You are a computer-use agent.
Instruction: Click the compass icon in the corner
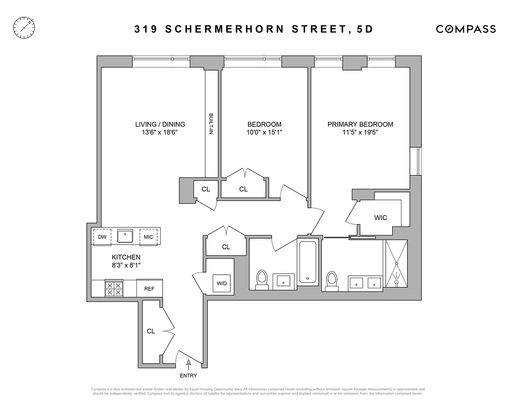[x=24, y=27]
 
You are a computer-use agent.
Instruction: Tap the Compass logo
[x=466, y=29]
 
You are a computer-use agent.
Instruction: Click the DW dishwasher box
[x=102, y=237]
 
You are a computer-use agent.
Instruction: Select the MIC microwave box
[x=148, y=237]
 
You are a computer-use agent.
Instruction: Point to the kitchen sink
[x=125, y=236]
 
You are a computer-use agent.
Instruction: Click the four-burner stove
[x=114, y=288]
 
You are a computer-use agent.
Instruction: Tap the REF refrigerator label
[x=149, y=289]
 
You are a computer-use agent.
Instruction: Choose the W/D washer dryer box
[x=222, y=283]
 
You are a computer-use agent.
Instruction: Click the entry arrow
[x=189, y=363]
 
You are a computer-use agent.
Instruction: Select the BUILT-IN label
[x=211, y=124]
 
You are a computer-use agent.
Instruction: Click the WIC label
[x=380, y=218]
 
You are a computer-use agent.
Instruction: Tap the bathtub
[x=308, y=262]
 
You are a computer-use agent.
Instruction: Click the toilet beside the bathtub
[x=261, y=279]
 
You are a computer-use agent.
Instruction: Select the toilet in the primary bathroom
[x=332, y=281]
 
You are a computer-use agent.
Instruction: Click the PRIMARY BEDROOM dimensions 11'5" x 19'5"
[x=360, y=132]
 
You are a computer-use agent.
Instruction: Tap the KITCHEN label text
[x=126, y=257]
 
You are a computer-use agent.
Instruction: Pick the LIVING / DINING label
[x=160, y=124]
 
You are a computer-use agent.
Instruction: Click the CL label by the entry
[x=151, y=331]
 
